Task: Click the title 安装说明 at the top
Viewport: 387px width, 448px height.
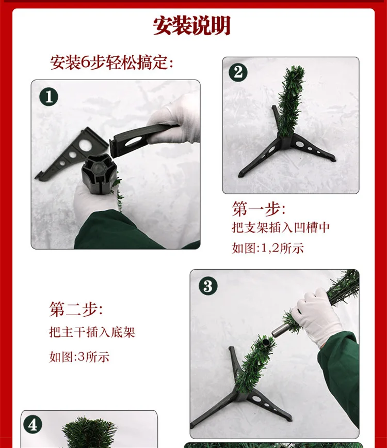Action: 191,26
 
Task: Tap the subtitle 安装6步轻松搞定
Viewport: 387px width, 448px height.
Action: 111,63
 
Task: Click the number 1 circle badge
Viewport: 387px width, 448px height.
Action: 49,97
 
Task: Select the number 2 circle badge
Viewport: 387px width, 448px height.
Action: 238,72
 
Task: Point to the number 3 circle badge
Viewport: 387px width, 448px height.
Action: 208,286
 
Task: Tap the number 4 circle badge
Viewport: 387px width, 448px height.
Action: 33,425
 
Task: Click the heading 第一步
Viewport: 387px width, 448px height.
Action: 259,209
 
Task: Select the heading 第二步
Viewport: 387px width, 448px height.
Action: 76,309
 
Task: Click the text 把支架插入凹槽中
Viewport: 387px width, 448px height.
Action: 281,227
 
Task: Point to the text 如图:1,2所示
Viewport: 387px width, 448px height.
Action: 268,248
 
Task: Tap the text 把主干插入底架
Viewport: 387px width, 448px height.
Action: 92,332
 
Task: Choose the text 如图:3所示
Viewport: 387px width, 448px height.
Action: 79,357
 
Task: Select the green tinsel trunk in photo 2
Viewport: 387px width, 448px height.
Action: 289,101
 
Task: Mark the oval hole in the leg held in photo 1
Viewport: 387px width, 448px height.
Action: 133,141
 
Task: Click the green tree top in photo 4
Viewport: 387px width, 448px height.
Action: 89,432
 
